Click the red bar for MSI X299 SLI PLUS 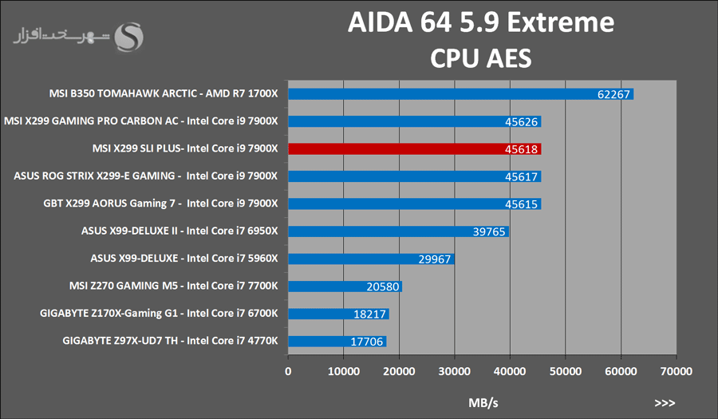pos(414,149)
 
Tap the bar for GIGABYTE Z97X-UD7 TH pos(337,342)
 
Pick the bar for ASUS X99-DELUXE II pos(398,231)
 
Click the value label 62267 pos(613,94)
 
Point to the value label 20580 pos(382,287)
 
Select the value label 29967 pos(435,259)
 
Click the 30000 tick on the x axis pos(454,371)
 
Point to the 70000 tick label pos(675,371)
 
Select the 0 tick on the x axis pos(288,371)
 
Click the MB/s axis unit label pos(482,402)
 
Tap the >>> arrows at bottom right pos(665,402)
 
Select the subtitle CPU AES pos(480,57)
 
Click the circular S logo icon pos(130,35)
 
